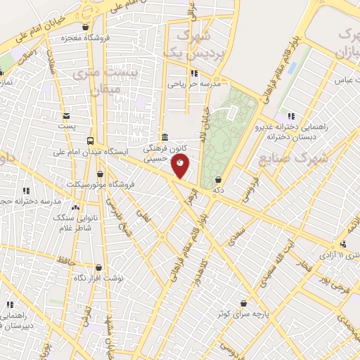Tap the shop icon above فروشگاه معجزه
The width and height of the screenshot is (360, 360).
coord(86,28)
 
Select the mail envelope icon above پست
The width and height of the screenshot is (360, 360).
coord(66,116)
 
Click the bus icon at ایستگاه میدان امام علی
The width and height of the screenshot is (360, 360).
coord(89,140)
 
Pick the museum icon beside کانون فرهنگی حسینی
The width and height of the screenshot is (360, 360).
coord(164,136)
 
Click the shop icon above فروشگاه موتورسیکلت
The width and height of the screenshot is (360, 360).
coord(100,174)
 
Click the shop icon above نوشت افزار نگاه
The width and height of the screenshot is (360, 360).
coord(98,267)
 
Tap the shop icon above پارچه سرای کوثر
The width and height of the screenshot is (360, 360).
coord(244,303)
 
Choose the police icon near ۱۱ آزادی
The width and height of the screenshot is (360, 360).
coord(343,244)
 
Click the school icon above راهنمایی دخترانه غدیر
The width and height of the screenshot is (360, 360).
coord(291,116)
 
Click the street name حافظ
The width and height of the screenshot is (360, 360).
coord(67,262)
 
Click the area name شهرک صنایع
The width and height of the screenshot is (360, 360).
coord(283,158)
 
